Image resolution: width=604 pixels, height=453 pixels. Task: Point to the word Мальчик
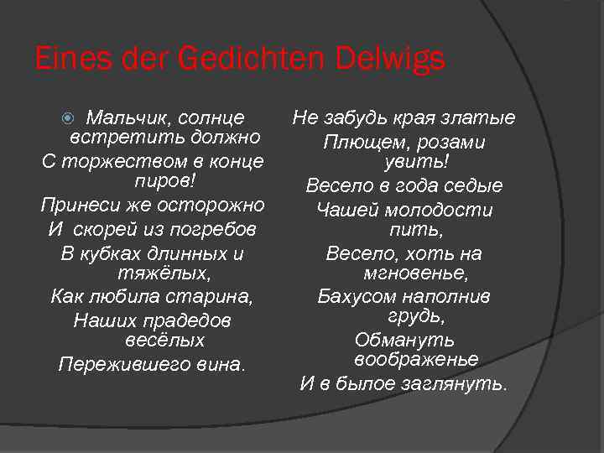[x=123, y=117]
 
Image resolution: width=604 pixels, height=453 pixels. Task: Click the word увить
[x=409, y=162]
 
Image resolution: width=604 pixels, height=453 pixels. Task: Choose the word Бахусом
[x=357, y=296]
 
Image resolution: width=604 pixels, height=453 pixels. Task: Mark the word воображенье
[x=416, y=359]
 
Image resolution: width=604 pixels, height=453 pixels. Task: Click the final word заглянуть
[x=458, y=384]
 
